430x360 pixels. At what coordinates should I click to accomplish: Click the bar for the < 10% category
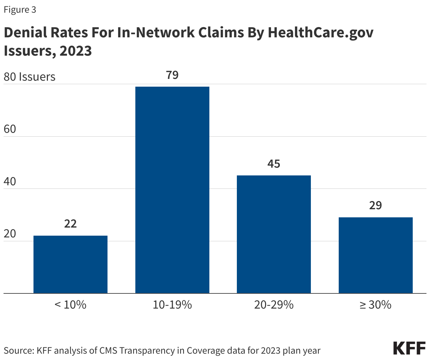(x=70, y=264)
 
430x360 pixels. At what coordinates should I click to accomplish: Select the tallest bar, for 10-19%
(x=172, y=190)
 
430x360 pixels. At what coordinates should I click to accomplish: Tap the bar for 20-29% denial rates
(x=274, y=234)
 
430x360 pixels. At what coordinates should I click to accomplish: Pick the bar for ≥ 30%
(x=376, y=255)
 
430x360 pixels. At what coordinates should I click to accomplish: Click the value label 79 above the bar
(x=172, y=75)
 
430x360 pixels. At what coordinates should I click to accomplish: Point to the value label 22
(x=70, y=224)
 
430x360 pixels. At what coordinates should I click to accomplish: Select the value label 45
(x=274, y=164)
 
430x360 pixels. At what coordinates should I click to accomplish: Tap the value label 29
(x=376, y=205)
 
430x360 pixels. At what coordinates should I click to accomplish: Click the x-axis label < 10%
(x=70, y=305)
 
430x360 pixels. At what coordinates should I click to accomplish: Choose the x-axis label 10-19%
(x=172, y=305)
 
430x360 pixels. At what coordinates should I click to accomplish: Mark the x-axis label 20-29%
(x=274, y=305)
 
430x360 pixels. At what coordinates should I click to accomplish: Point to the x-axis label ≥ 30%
(x=376, y=305)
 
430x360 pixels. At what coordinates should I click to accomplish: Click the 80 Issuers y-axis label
(x=30, y=77)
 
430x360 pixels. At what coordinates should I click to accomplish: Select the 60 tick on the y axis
(x=10, y=129)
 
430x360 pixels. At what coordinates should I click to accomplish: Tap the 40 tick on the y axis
(x=10, y=181)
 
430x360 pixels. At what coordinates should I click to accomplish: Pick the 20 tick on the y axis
(x=10, y=234)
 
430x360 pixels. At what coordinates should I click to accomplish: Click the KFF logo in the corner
(x=409, y=348)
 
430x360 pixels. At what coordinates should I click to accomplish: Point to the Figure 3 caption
(x=20, y=10)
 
